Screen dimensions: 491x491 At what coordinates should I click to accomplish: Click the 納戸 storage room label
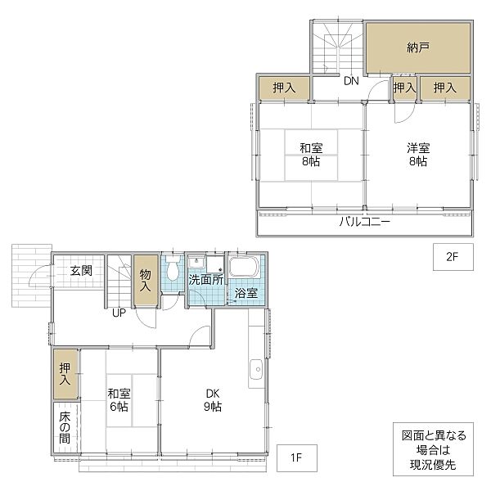[418, 47]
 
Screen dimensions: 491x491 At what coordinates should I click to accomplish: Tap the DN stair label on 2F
[351, 81]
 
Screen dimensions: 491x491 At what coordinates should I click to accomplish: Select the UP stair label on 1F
[119, 313]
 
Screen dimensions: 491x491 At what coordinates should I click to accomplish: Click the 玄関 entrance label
[81, 271]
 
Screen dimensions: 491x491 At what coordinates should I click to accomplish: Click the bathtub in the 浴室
[244, 267]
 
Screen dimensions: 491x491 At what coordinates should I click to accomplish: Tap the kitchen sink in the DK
[256, 369]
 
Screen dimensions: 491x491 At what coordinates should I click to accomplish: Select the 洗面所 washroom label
[205, 280]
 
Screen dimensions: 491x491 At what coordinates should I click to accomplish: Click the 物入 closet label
[146, 280]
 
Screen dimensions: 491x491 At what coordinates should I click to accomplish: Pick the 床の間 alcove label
[65, 427]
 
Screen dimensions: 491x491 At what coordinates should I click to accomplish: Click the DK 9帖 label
[213, 400]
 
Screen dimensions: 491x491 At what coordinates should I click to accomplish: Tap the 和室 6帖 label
[119, 400]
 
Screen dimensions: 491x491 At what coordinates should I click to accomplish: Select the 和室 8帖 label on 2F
[311, 155]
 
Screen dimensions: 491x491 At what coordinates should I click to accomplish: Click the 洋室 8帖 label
[418, 155]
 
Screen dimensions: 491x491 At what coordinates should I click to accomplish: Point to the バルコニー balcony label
[365, 222]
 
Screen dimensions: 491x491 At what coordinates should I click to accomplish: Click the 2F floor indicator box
[453, 257]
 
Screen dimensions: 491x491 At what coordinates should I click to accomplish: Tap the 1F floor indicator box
[297, 457]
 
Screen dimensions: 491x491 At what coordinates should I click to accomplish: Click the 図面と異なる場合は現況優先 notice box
[434, 449]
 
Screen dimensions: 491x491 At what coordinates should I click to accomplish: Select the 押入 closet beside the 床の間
[65, 374]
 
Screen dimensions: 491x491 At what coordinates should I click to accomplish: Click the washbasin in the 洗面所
[196, 262]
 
